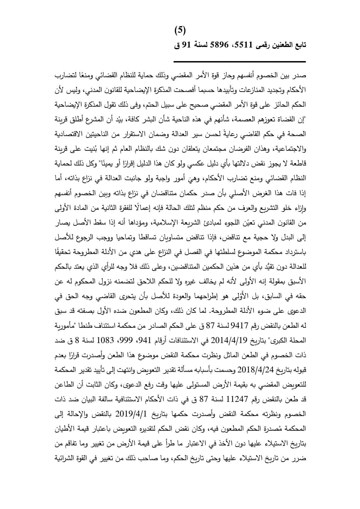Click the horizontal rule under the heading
coord(239,62)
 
